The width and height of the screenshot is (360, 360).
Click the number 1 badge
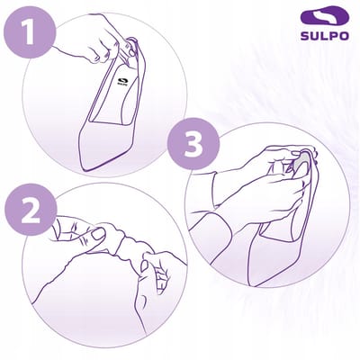(29, 32)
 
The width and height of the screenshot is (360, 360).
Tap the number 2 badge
(31, 209)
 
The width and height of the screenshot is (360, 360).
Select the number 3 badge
(193, 144)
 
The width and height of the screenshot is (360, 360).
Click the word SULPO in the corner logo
(325, 36)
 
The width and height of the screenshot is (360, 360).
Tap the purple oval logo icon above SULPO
(325, 17)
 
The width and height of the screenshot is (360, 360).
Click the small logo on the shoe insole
(122, 82)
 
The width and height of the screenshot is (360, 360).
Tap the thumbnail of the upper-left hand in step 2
(97, 233)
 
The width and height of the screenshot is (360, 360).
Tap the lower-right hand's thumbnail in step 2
(144, 266)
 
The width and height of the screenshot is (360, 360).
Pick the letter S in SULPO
(305, 36)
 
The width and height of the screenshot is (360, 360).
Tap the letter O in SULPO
(344, 36)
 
